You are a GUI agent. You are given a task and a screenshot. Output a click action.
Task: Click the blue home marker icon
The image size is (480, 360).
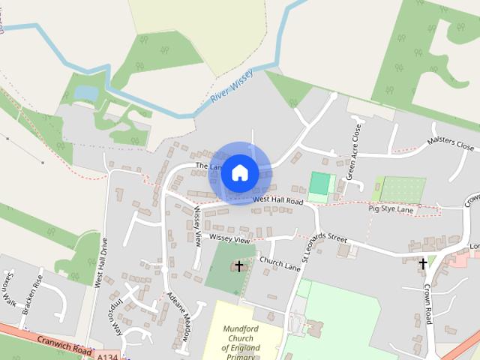pyautogui.click(x=240, y=172)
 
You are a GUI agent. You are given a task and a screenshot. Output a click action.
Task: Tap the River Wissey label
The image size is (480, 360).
pyautogui.click(x=232, y=89)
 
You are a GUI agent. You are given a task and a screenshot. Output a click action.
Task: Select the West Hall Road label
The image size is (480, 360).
pyautogui.click(x=277, y=201)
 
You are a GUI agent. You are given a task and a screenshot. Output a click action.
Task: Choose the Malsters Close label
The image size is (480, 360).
pyautogui.click(x=451, y=144)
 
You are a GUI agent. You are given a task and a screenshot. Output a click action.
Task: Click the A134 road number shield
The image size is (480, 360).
pyautogui.click(x=109, y=358)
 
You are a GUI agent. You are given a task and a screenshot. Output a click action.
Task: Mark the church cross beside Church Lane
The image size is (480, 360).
pyautogui.click(x=239, y=266)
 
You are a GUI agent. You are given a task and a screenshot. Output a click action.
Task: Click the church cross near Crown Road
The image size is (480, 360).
pyautogui.click(x=423, y=263)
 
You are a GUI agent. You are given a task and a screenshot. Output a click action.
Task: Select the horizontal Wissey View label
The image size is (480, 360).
pyautogui.click(x=229, y=238)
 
